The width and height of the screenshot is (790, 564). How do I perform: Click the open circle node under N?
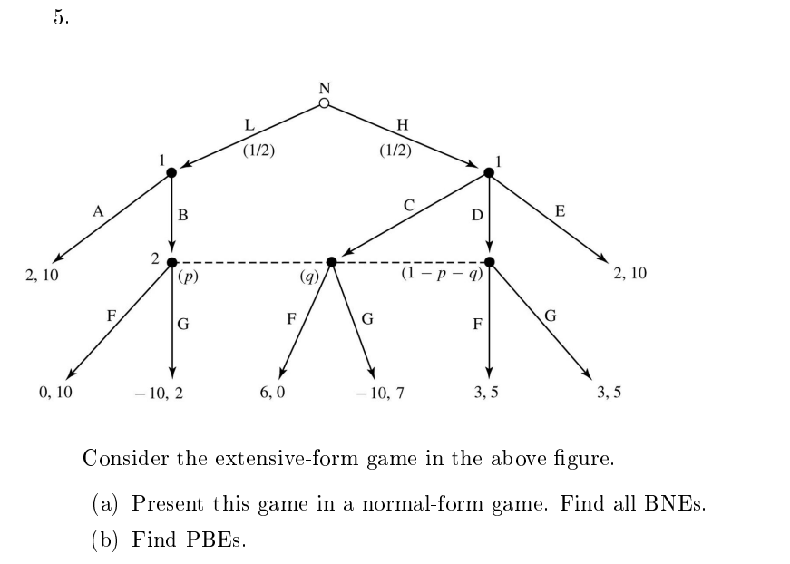[324, 103]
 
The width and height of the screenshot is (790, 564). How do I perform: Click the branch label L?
[250, 126]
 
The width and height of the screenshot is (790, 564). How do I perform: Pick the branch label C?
[409, 207]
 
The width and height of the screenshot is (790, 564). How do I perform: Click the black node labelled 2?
[171, 262]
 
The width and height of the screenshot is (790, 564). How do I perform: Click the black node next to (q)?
[332, 262]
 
